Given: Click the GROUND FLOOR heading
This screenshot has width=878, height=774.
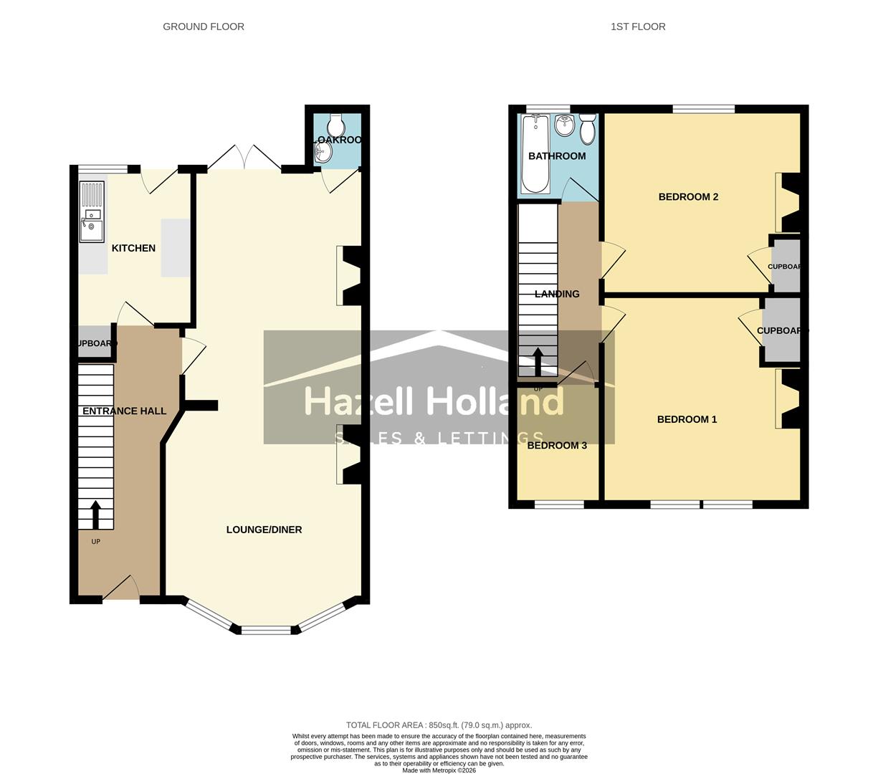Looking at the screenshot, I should [x=204, y=27].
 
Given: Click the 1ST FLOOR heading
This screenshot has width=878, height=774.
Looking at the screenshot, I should [x=638, y=27].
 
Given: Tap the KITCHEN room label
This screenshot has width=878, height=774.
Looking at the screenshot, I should [x=133, y=248].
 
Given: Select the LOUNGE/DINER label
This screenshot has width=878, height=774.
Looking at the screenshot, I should [x=264, y=530].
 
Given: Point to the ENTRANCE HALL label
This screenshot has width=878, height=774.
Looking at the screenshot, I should [x=124, y=411].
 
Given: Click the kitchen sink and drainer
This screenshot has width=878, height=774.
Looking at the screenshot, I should [x=92, y=211].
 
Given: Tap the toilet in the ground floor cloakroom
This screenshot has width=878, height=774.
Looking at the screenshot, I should [x=336, y=124].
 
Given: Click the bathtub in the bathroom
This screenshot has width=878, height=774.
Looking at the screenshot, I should [x=535, y=154].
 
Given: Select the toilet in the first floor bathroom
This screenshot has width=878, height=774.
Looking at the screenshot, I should [x=588, y=130].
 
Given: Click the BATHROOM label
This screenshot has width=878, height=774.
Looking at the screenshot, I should [x=557, y=156].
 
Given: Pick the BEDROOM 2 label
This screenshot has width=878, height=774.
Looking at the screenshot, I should [x=688, y=197].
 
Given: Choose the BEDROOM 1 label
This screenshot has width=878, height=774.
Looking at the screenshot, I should [x=687, y=419].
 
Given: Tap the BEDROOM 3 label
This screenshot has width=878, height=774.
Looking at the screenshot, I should [x=557, y=445].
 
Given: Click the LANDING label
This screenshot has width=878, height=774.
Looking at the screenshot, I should [x=557, y=294].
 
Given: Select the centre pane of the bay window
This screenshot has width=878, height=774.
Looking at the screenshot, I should [x=266, y=631].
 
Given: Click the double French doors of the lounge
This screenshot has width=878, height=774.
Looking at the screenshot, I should [x=244, y=159].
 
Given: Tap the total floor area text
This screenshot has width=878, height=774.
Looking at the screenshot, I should [x=439, y=725].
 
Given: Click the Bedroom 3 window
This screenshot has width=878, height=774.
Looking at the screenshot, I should [x=559, y=505].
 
